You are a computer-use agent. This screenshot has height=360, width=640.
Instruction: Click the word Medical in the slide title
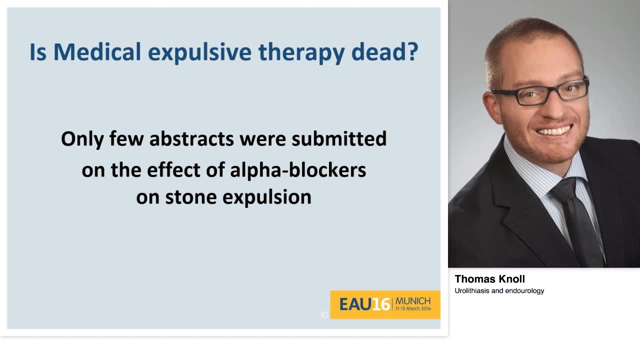coord(97,52)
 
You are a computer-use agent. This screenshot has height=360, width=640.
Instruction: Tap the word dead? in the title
coord(385,52)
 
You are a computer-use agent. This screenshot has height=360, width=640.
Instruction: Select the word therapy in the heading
coord(301,53)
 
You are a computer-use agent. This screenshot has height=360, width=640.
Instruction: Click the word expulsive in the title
coord(199,53)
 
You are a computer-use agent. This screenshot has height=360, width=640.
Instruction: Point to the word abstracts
coord(191,139)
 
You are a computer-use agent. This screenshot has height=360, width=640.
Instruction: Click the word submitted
coord(339,139)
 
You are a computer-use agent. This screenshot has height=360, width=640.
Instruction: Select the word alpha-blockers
coord(298,170)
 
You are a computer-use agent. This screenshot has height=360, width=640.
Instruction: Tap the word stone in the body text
coord(191,197)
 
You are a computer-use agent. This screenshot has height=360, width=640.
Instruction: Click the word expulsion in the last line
coord(267,198)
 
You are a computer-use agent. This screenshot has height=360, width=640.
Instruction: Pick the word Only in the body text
coord(82,139)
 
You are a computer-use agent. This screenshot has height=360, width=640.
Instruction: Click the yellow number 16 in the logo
coord(381,304)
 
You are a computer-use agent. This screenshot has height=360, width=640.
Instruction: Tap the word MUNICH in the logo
coord(413,301)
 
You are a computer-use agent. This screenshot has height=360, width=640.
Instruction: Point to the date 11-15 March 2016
coord(413,308)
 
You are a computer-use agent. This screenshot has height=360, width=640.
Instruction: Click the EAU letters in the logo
coord(355,304)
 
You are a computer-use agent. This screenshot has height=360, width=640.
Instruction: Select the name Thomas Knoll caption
coord(489,279)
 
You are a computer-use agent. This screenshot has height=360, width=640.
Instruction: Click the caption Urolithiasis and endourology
coord(499,291)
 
